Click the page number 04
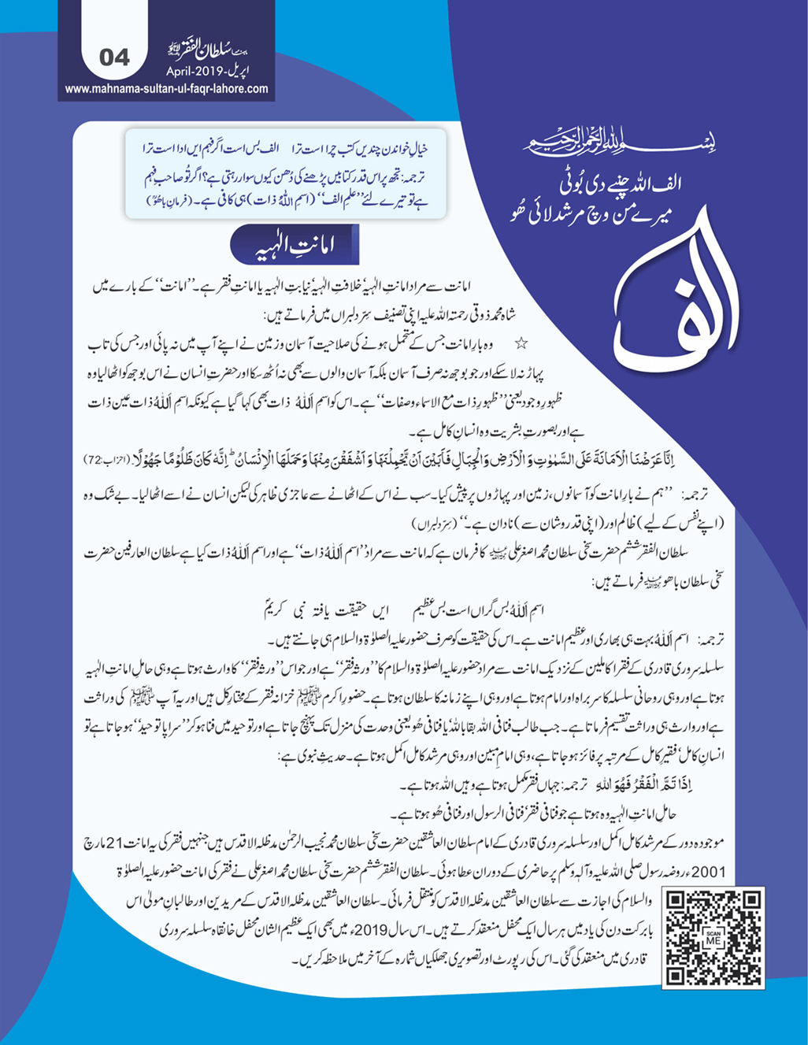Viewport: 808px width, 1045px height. pos(115,58)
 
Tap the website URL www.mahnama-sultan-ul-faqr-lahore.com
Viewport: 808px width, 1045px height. pos(166,89)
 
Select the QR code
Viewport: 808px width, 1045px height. pos(713,937)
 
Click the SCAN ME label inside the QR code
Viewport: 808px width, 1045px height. pos(713,938)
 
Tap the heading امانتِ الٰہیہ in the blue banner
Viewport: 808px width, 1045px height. pos(293,246)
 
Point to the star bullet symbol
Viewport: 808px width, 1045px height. pos(521,344)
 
